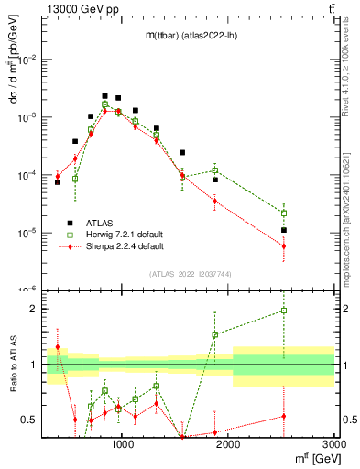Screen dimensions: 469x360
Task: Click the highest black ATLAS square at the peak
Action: [104, 96]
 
